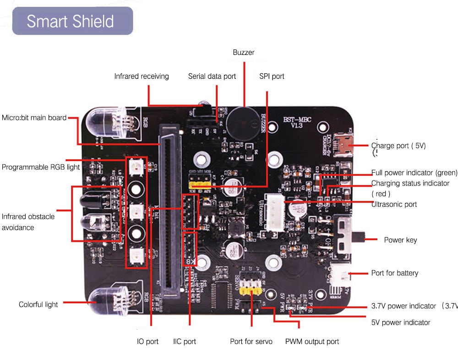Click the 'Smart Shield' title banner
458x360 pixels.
click(x=72, y=21)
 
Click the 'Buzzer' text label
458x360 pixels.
click(x=243, y=53)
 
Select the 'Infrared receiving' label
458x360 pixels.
click(x=142, y=76)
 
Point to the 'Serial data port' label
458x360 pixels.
click(x=212, y=76)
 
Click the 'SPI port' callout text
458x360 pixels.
click(x=272, y=76)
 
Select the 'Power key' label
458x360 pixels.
click(x=400, y=240)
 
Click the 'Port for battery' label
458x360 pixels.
click(x=394, y=273)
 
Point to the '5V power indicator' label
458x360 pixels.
click(x=401, y=322)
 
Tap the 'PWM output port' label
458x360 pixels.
click(x=312, y=342)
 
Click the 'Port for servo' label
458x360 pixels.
click(x=251, y=342)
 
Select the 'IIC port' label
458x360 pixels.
click(x=185, y=342)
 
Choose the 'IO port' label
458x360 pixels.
click(x=147, y=342)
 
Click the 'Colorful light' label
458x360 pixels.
click(x=38, y=305)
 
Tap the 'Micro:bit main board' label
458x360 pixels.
click(x=34, y=118)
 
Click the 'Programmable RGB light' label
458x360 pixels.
click(x=41, y=167)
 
